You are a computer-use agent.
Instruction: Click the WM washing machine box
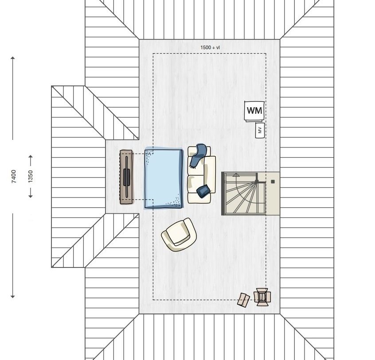coord(254,111)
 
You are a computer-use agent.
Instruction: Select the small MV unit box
coord(260,130)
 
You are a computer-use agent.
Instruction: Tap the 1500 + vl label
coord(210,47)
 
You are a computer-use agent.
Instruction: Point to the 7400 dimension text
coord(14,177)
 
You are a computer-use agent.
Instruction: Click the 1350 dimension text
coord(31,177)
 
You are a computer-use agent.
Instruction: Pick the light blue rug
coord(164,178)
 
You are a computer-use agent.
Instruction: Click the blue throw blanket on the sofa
coord(198,155)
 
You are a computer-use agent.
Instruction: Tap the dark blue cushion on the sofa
coord(203,191)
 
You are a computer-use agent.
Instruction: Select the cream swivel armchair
coord(179,235)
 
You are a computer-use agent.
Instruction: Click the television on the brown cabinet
coord(126,177)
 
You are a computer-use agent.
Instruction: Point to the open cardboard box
coord(262,297)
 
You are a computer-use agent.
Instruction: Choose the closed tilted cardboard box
coord(243,300)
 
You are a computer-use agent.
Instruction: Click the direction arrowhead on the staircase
coord(236,175)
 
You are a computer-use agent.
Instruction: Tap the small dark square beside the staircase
coord(273,182)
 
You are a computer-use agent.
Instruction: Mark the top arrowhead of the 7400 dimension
coord(13,58)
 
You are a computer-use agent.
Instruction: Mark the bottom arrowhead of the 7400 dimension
coord(13,296)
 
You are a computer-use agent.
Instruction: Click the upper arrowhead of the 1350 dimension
coord(31,156)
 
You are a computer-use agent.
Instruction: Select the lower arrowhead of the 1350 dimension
coord(31,196)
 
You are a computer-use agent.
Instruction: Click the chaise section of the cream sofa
coord(210,174)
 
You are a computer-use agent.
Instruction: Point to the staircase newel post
coord(257,182)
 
